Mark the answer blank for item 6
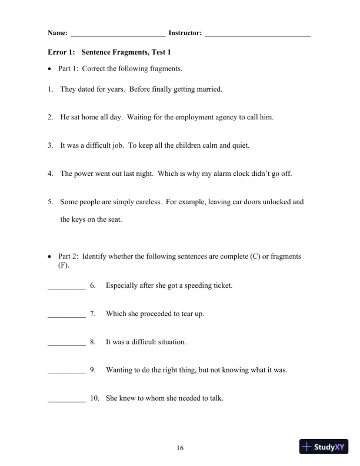pos(66,287)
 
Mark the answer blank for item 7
pos(66,314)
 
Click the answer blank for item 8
pos(66,342)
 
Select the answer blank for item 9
pos(66,371)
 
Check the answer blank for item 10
pos(66,398)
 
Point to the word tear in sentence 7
pos(185,314)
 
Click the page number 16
pos(181,448)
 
